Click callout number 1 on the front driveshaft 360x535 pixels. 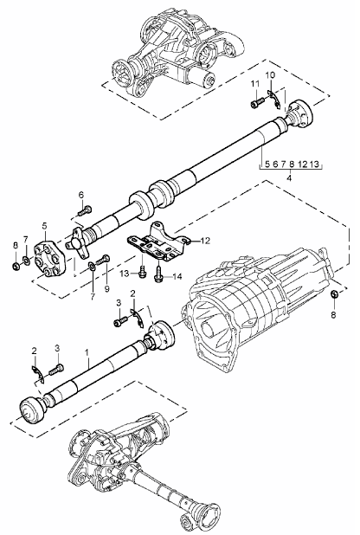(x=87, y=352)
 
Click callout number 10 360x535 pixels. (x=270, y=76)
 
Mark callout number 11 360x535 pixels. (x=255, y=83)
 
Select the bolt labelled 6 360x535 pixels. (x=84, y=210)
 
